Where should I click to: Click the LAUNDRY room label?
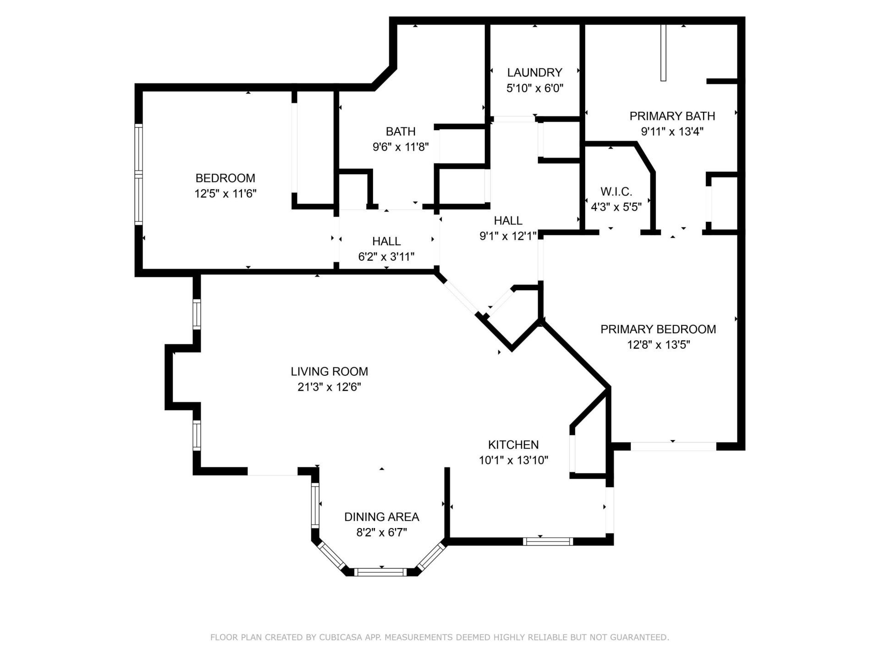tap(534, 72)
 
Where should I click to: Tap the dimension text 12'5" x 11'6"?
tap(225, 193)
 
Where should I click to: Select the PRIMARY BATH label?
tap(672, 116)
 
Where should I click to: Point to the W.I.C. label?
tap(616, 191)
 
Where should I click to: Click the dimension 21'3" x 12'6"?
tap(329, 387)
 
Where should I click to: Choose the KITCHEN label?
tap(513, 445)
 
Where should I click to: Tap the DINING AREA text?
tap(381, 517)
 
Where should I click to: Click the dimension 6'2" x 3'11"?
tap(386, 257)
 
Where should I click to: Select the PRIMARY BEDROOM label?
tap(658, 329)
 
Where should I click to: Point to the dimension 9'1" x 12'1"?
tap(508, 236)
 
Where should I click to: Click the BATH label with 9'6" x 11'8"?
tap(401, 132)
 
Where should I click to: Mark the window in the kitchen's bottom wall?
tap(548, 541)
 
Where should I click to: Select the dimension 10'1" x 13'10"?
tap(513, 460)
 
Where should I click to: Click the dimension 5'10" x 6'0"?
tap(534, 88)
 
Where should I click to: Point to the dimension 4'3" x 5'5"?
tap(616, 207)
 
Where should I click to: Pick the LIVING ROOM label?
tap(329, 371)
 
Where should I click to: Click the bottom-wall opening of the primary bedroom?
tap(673, 446)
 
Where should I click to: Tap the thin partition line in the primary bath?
tap(663, 53)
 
